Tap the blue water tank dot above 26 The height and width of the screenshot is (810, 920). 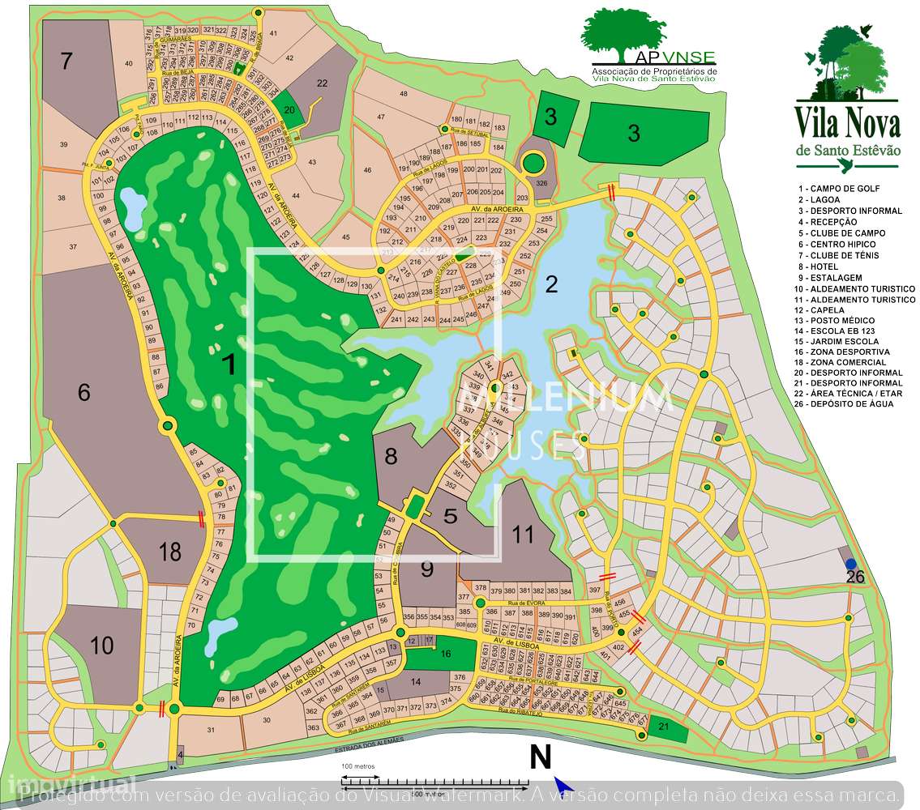tap(850, 564)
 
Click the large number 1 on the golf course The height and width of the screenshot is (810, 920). tap(230, 364)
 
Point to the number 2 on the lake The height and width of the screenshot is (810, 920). tap(552, 283)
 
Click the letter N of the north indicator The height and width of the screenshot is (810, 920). tap(541, 757)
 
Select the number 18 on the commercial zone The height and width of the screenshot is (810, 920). tap(170, 552)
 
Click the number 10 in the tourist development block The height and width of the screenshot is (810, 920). tap(102, 646)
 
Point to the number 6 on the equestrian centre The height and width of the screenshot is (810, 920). tap(84, 392)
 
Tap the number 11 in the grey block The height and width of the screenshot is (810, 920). tap(524, 534)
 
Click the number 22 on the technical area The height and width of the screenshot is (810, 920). tap(322, 83)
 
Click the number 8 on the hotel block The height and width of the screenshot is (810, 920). tap(391, 456)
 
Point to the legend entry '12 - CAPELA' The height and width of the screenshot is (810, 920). tap(823, 310)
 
